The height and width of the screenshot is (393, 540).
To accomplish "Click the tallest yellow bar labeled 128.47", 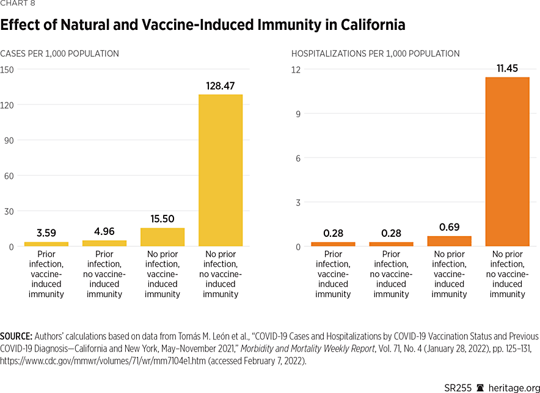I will click(221, 170).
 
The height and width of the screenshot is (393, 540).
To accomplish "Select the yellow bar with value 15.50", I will click(162, 237).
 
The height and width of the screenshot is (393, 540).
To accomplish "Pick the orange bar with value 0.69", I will click(449, 241).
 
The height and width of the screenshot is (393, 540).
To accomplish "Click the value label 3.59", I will click(46, 234).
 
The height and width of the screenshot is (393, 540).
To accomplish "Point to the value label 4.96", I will click(104, 231).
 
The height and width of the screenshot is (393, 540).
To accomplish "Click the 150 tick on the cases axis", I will click(7, 70).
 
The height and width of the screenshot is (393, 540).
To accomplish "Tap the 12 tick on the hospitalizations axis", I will click(296, 70).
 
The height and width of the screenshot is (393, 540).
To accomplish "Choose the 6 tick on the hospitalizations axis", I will click(298, 158).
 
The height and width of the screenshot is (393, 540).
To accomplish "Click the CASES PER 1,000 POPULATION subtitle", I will click(60, 54).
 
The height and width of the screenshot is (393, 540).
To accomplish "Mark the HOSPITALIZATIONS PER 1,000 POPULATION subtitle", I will click(375, 54).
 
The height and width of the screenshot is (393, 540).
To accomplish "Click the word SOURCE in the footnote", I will click(16, 336).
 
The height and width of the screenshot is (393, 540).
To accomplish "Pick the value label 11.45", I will click(507, 68).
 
